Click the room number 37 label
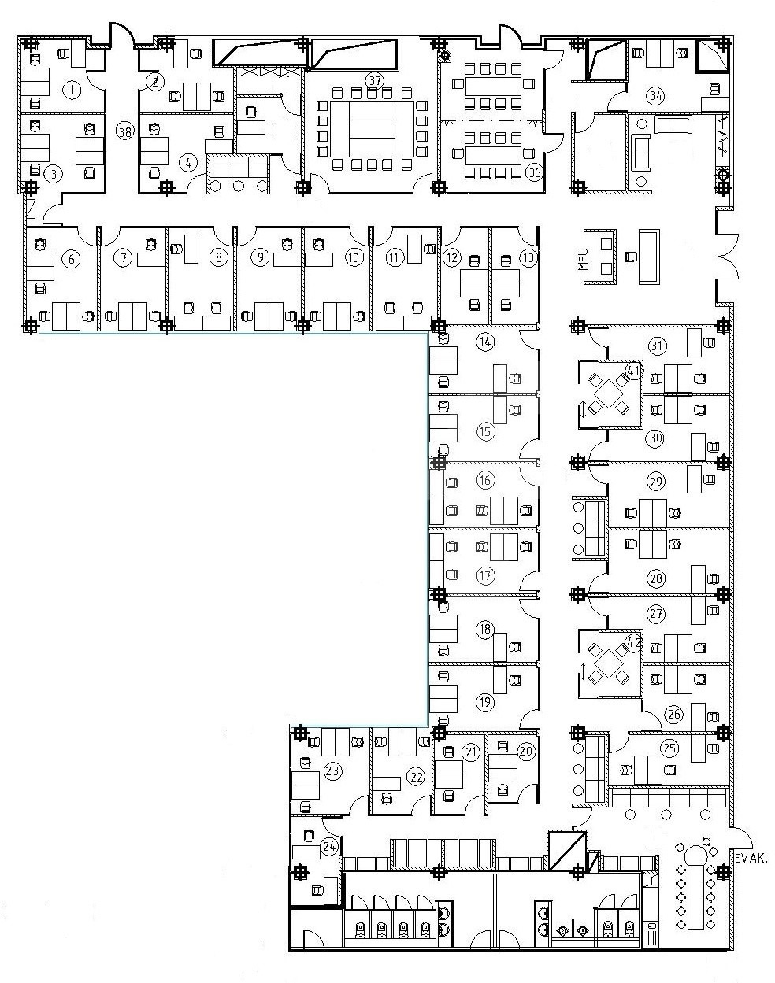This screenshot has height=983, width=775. (x=374, y=81)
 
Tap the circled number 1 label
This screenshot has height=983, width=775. (x=72, y=90)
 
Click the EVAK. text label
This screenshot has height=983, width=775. (x=751, y=859)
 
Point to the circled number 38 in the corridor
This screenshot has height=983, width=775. (x=124, y=132)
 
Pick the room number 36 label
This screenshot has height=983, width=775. (x=534, y=172)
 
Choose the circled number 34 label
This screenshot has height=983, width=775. (x=656, y=96)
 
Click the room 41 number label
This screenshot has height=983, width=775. (x=633, y=371)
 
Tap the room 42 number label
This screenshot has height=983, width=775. (x=634, y=643)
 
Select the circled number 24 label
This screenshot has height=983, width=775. (x=329, y=846)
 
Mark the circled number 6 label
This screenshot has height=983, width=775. (x=72, y=260)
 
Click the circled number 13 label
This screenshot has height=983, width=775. (x=528, y=257)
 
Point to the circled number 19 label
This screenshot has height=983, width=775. (x=485, y=701)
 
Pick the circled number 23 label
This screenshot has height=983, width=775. (x=332, y=771)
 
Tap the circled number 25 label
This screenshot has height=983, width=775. (x=669, y=748)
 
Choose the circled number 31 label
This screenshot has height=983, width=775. (x=657, y=346)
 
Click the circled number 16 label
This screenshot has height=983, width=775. (x=485, y=480)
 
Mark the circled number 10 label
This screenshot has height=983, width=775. (x=354, y=257)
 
